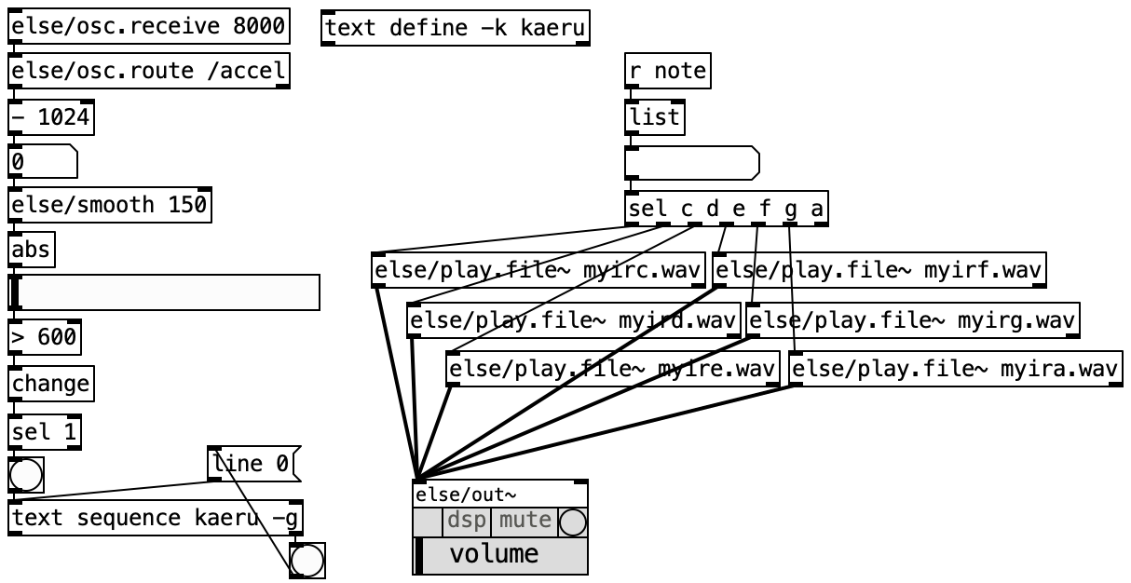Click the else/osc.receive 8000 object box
click(149, 26)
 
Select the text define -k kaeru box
click(456, 28)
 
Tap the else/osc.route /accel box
click(149, 71)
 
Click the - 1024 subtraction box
click(51, 117)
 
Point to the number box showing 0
click(43, 161)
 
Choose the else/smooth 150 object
click(110, 205)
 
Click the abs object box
click(32, 250)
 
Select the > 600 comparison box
click(45, 337)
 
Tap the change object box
click(51, 384)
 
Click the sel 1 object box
click(45, 432)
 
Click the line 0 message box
click(254, 464)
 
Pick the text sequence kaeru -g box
click(156, 518)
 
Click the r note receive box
click(668, 71)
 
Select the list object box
click(655, 117)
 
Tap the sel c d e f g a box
click(727, 209)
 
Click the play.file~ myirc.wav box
click(538, 270)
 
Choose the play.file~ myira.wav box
click(956, 369)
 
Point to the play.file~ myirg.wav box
click(913, 320)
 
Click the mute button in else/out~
click(525, 522)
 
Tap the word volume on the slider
click(494, 555)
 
